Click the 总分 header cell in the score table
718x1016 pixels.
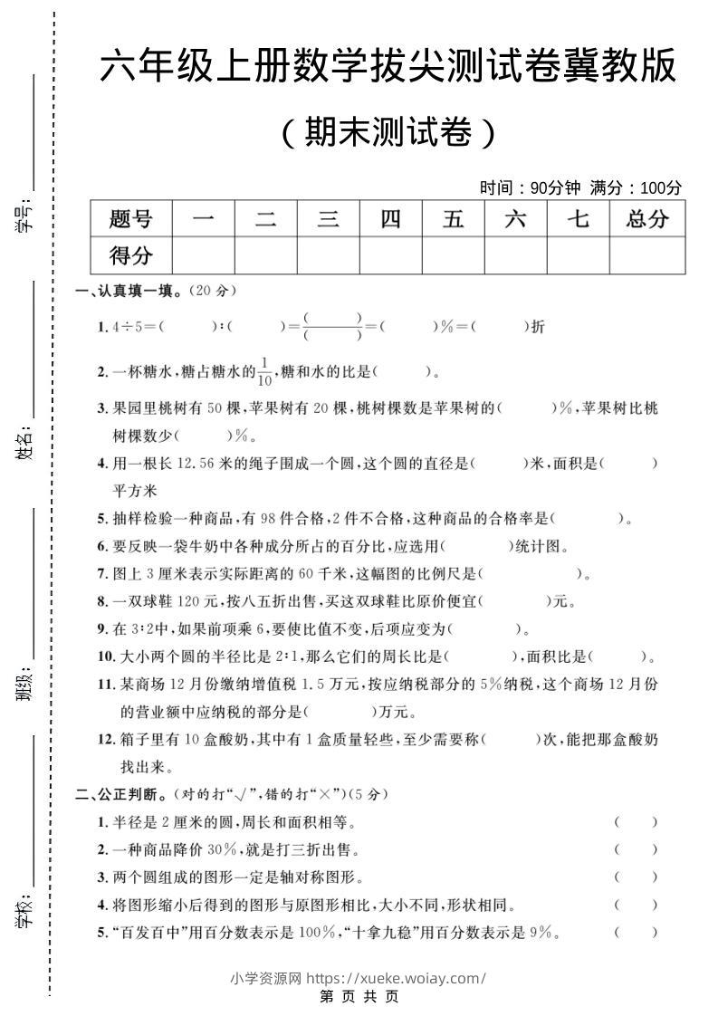[x=646, y=218]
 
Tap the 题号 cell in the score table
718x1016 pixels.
[x=130, y=218]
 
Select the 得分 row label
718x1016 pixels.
[x=130, y=255]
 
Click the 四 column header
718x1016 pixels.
[x=390, y=218]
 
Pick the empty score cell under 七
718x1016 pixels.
[x=578, y=255]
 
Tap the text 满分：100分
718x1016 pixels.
[x=636, y=188]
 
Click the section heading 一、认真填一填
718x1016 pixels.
[x=127, y=292]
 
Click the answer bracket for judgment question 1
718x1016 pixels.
[x=635, y=822]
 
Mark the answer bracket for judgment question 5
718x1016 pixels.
[x=635, y=932]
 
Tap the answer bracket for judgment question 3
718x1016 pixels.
[x=635, y=877]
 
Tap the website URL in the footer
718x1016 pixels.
[x=397, y=978]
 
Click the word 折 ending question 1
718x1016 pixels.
[x=539, y=327]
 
